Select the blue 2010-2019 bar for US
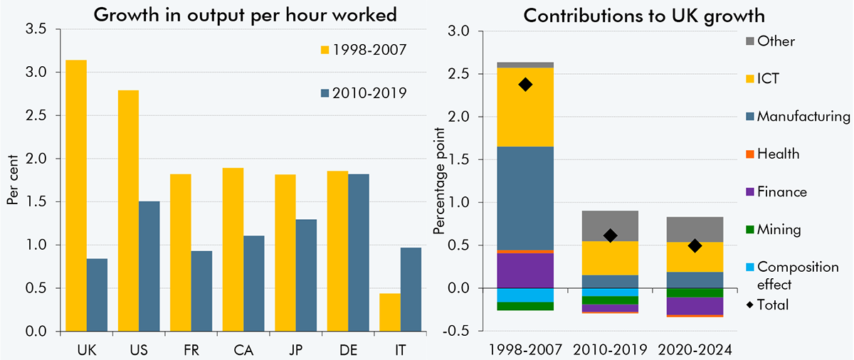coord(148,266)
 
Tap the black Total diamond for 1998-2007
coord(525,85)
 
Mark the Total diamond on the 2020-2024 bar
coord(695,245)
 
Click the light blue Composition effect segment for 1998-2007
coord(525,295)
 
